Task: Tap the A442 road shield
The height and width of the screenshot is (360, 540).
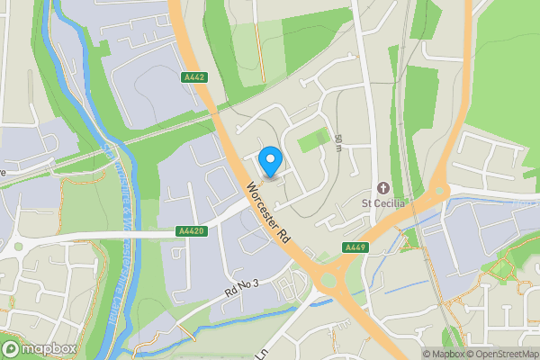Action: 193,76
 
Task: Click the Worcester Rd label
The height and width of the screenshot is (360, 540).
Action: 267,212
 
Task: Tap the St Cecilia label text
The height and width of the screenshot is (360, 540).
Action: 383,202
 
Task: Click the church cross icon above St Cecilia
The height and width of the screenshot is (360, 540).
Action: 383,188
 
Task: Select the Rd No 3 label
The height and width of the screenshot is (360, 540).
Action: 243,289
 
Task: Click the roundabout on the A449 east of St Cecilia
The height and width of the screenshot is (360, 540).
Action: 438,190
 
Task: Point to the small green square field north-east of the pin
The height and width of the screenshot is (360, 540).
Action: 312,139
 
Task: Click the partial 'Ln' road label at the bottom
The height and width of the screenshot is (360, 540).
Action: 262,353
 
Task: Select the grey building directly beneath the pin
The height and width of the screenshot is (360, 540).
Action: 272,176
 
